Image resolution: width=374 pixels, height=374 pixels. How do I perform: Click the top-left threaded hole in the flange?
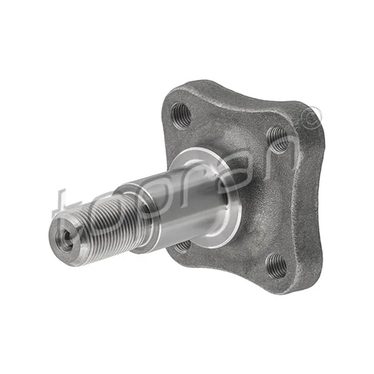(181, 115)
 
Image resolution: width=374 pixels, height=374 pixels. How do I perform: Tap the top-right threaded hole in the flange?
(278, 140)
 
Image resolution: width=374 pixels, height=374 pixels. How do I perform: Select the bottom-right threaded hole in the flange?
(276, 266)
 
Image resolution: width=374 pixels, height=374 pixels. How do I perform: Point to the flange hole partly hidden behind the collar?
(182, 246)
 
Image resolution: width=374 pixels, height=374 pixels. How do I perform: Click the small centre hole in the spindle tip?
(64, 240)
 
